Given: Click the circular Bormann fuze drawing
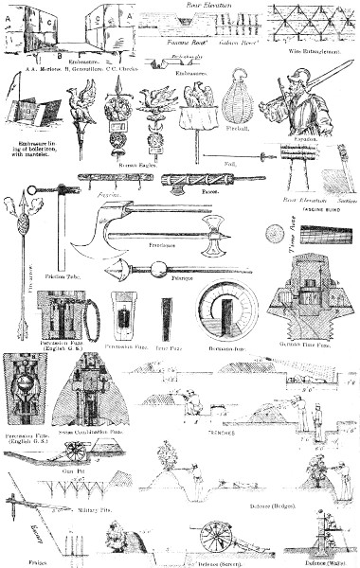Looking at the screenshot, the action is click(226, 312).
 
